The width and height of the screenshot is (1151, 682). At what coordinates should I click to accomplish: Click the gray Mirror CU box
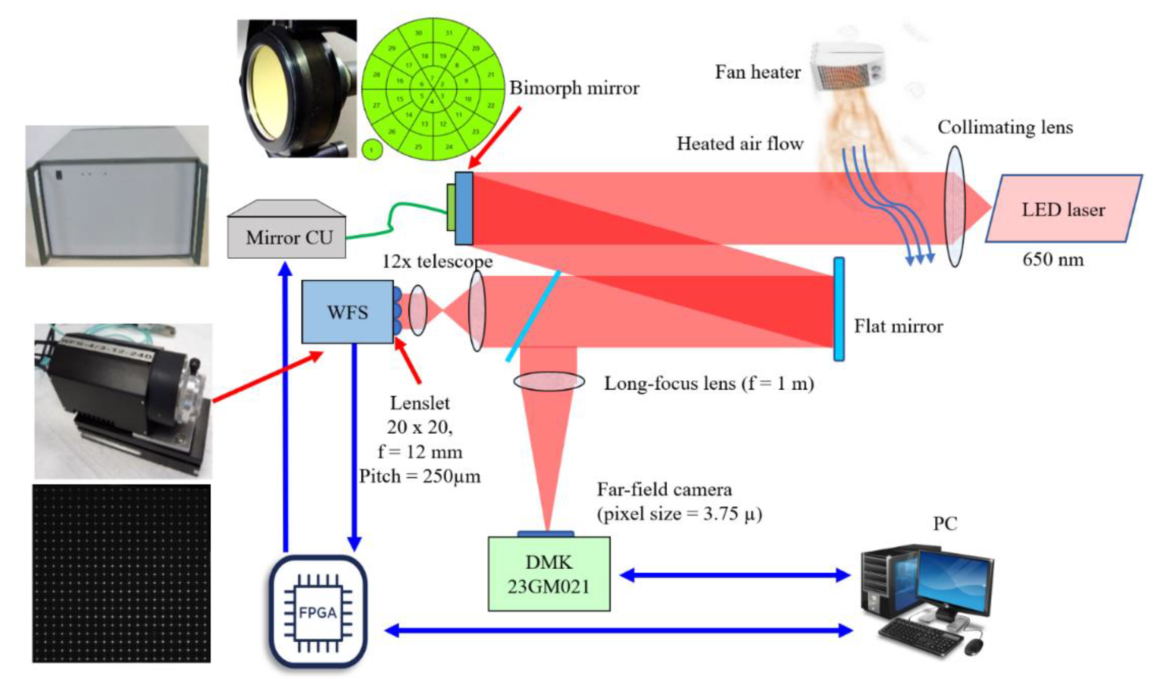click(286, 236)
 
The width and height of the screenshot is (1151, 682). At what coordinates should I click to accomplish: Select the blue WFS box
click(347, 312)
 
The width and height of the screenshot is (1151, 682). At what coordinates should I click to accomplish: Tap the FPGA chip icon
click(318, 612)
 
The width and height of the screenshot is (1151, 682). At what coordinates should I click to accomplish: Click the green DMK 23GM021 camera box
click(548, 574)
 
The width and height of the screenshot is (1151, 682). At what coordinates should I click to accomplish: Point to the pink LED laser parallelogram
click(1063, 209)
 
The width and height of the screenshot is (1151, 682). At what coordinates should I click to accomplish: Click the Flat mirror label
click(898, 326)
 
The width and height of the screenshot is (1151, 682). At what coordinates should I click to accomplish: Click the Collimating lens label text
click(1005, 127)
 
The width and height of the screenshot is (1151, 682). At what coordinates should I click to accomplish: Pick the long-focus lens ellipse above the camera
click(549, 382)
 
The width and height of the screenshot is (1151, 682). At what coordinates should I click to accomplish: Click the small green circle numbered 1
click(372, 150)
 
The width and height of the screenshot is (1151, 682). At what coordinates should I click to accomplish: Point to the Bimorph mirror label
click(574, 88)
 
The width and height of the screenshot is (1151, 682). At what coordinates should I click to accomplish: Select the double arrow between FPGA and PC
click(618, 630)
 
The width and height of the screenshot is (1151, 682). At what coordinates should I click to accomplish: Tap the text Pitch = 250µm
click(420, 476)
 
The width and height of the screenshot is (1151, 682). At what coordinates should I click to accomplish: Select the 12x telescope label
click(437, 262)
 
